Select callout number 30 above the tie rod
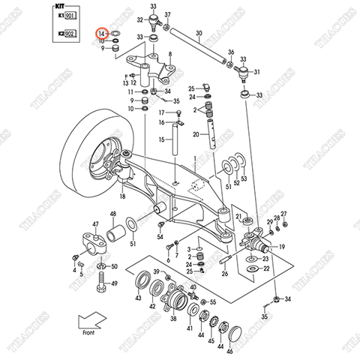tap(199, 34)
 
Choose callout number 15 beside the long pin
tap(162, 139)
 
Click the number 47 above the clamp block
tap(96, 223)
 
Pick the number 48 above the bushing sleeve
tap(113, 215)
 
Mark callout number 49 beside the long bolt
tap(114, 284)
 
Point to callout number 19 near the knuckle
tap(282, 245)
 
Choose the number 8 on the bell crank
tap(170, 55)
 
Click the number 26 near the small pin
tap(224, 274)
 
